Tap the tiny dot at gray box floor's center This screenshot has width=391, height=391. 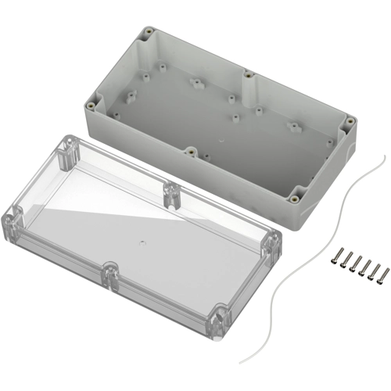221,141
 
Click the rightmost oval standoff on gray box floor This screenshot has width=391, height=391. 295,126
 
